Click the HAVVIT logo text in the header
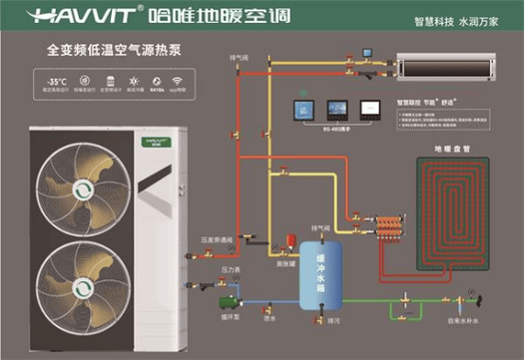(60, 16)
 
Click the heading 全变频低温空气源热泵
(92, 48)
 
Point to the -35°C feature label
(53, 81)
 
